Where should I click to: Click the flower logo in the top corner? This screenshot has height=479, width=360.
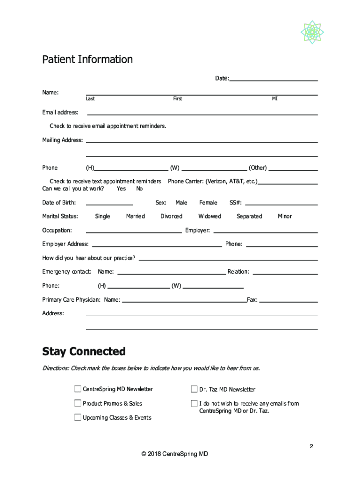(312, 32)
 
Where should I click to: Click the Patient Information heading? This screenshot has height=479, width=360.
(87, 59)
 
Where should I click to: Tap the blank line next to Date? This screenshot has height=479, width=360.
(274, 79)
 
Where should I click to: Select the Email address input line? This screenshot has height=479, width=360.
(202, 113)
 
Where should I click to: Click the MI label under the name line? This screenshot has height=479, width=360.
(275, 99)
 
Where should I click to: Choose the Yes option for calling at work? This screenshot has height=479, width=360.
(121, 189)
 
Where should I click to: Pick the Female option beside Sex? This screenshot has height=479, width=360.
(208, 203)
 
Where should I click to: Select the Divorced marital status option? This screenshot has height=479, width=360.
(171, 216)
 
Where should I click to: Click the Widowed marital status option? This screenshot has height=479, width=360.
(209, 216)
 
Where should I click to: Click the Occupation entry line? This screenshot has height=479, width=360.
(134, 231)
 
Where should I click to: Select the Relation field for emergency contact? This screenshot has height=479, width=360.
(285, 272)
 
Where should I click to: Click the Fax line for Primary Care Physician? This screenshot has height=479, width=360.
(288, 300)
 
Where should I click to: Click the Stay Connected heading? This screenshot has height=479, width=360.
(84, 351)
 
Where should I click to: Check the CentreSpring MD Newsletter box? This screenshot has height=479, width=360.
(78, 389)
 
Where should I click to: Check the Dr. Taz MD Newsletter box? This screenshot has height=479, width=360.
(194, 389)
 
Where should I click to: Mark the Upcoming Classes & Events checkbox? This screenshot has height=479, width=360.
(78, 417)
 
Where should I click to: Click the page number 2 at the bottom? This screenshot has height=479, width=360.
(311, 446)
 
